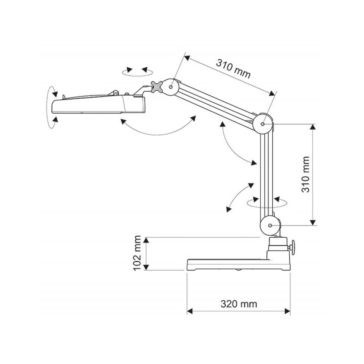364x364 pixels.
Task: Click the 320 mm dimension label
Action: tap(238, 304)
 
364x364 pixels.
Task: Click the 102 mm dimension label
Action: tap(137, 253)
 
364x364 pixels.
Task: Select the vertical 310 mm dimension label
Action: tap(306, 174)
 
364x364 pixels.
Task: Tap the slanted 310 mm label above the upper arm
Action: tap(233, 68)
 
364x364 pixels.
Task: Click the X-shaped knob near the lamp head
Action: tap(157, 87)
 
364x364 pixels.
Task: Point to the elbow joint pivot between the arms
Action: tap(263, 123)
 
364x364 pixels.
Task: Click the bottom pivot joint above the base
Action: tap(270, 226)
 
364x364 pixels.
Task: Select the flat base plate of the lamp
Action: tap(238, 265)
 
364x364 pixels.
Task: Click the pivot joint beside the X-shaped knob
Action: tap(171, 87)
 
